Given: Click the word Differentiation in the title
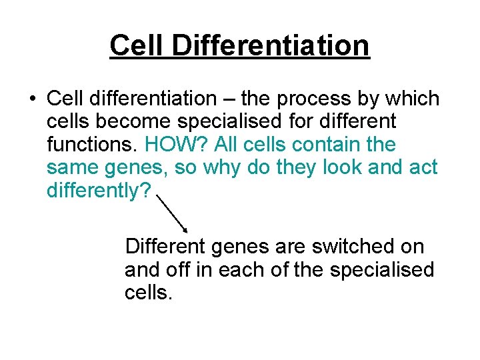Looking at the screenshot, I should (x=270, y=45).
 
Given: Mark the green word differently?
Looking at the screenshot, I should (x=99, y=190).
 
